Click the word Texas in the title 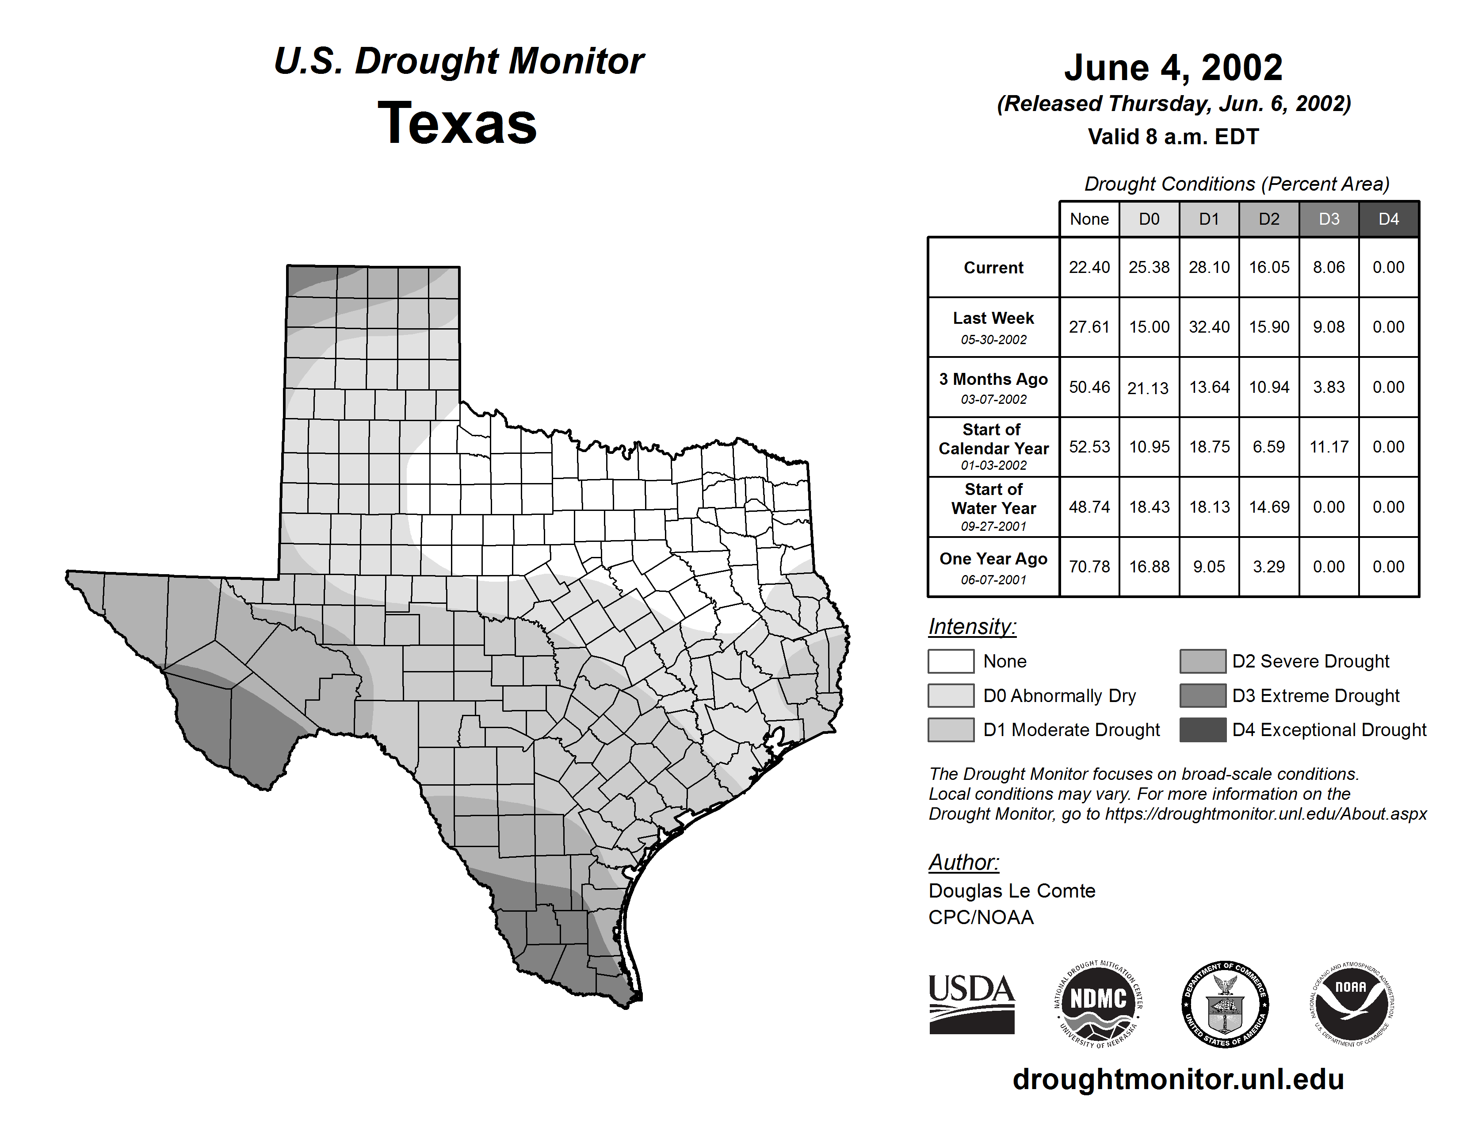457,123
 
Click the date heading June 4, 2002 1173,68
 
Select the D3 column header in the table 1329,219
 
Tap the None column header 1089,219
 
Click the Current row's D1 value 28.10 1209,267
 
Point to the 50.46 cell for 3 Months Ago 1089,387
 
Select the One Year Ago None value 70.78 1089,567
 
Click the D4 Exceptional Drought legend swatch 1203,730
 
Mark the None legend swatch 951,661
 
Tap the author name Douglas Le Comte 1012,891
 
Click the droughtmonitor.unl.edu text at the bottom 1178,1079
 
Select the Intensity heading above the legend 972,627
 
